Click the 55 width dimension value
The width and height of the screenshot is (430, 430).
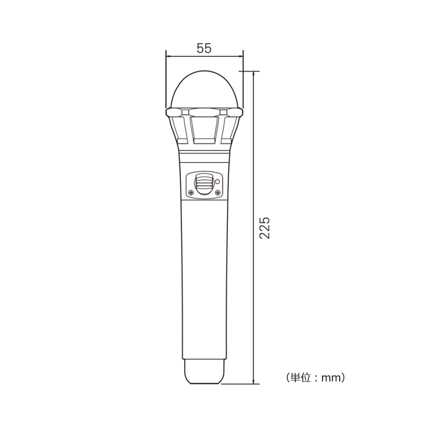pyautogui.click(x=204, y=48)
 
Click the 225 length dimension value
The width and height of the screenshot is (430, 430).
pyautogui.click(x=265, y=228)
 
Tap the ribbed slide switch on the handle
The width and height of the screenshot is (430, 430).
pyautogui.click(x=204, y=184)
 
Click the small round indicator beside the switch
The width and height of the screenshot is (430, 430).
pyautogui.click(x=217, y=181)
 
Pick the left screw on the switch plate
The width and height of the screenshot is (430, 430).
pyautogui.click(x=191, y=192)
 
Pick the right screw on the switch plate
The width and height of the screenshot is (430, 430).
pyautogui.click(x=217, y=192)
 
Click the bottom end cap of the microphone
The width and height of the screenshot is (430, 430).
pyautogui.click(x=204, y=372)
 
